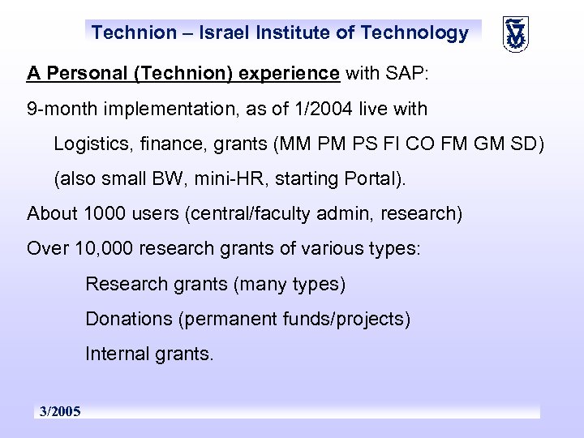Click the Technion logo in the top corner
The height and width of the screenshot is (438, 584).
coord(515,33)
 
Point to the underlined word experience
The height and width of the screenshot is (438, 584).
coord(293,74)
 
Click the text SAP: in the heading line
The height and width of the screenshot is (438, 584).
coord(406,74)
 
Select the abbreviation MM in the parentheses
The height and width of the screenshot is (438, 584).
coord(293,144)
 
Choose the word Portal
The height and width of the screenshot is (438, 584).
coord(375,179)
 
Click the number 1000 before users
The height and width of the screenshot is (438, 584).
coord(102,213)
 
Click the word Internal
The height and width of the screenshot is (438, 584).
coord(117,354)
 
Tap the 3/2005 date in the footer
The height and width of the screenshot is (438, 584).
coord(61,412)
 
